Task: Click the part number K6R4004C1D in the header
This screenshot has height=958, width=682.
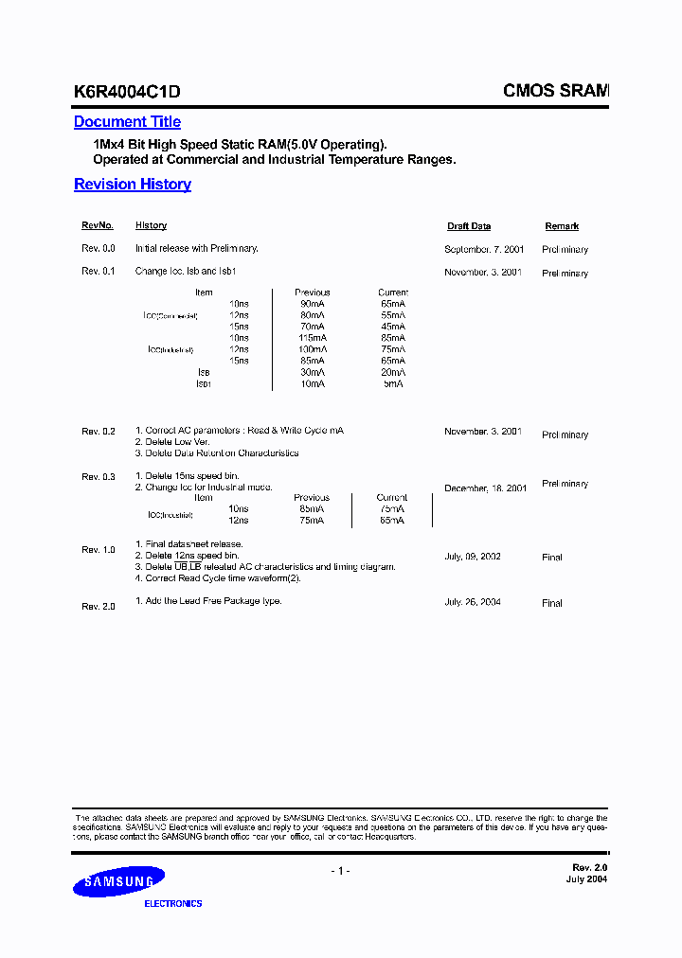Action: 127,92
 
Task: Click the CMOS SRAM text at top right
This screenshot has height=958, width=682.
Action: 555,91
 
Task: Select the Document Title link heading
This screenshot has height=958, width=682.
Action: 127,122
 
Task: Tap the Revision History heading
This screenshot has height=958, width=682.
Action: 133,185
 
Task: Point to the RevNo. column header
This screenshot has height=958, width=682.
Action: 98,226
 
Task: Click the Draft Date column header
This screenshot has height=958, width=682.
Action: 469,227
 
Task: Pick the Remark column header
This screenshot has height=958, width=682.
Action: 562,227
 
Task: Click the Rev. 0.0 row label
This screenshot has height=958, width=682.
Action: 99,248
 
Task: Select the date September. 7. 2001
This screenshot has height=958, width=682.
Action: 483,249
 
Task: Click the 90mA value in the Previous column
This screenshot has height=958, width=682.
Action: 313,304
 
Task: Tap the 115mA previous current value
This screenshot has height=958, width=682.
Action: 312,338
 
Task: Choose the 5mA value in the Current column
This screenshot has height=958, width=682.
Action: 392,383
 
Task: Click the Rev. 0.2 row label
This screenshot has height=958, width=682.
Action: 99,432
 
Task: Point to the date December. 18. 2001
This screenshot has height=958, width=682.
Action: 485,488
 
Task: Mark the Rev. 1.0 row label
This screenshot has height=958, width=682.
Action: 99,550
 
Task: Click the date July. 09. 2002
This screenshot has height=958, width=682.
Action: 473,558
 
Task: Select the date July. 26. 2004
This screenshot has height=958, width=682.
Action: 473,602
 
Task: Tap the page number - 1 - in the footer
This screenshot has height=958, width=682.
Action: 340,871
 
